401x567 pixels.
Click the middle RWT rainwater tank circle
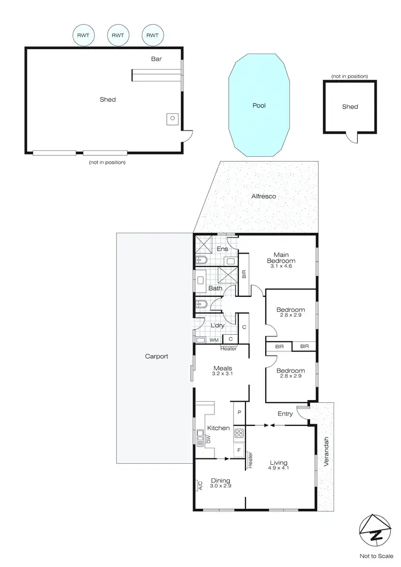pyautogui.click(x=118, y=35)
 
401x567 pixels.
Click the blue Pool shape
pyautogui.click(x=259, y=105)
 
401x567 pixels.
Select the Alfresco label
pyautogui.click(x=264, y=196)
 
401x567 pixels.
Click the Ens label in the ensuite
pyautogui.click(x=222, y=249)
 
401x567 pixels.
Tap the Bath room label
pyautogui.click(x=215, y=288)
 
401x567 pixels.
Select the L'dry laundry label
pyautogui.click(x=218, y=326)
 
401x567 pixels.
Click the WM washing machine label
pyautogui.click(x=213, y=340)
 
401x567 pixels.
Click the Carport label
pyautogui.click(x=157, y=356)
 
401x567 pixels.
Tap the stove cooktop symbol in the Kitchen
pyautogui.click(x=239, y=433)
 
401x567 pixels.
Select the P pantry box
pyautogui.click(x=240, y=412)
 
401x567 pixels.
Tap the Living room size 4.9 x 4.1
pyautogui.click(x=279, y=469)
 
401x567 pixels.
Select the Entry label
pyautogui.click(x=285, y=413)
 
